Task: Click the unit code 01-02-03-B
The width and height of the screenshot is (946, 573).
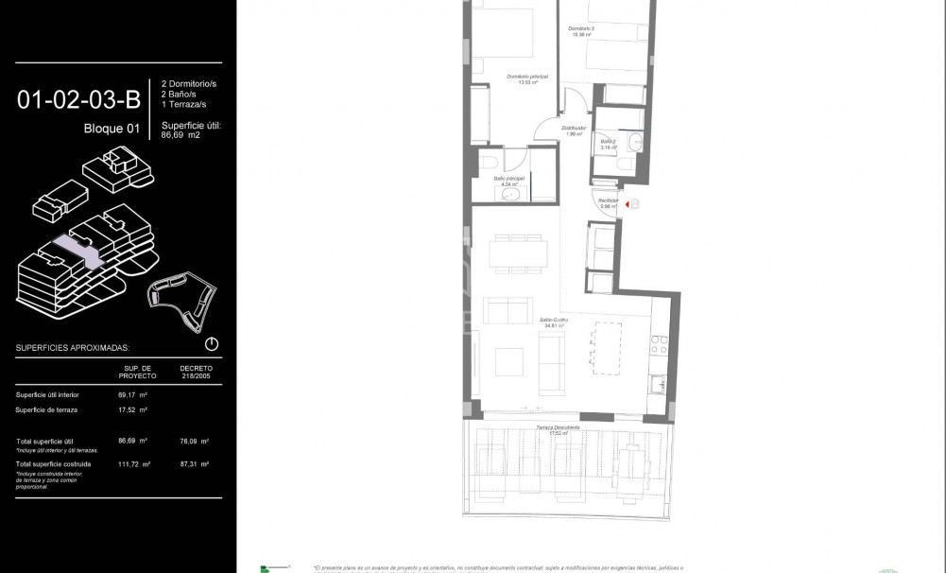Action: [x=77, y=99]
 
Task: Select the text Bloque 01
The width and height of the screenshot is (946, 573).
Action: [x=112, y=129]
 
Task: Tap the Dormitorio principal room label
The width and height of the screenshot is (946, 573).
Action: [x=526, y=78]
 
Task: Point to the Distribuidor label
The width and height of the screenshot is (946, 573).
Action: [x=574, y=130]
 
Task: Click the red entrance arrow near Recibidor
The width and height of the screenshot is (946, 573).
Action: [x=628, y=202]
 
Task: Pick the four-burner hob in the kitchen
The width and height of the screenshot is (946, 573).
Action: [x=658, y=345]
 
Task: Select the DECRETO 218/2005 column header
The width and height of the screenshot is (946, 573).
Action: [x=194, y=371]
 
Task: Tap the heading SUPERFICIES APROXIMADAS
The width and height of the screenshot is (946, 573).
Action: [x=73, y=348]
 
